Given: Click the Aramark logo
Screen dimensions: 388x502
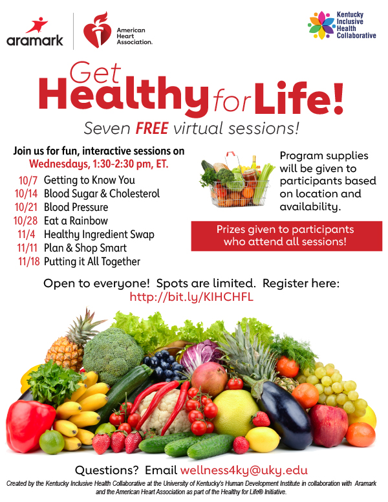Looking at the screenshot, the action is pos(34,32).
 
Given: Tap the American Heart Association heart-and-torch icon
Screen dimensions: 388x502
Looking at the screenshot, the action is pos(97,30).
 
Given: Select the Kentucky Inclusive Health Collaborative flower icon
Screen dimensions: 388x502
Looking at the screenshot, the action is pos(321,25).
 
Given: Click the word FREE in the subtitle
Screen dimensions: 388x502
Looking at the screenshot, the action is pos(152,128).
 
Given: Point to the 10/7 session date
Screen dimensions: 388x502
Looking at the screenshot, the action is pos(28,180).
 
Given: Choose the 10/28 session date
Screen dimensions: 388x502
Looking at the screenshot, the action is pos(26,221).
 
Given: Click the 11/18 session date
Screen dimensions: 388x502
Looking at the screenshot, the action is pos(29,261).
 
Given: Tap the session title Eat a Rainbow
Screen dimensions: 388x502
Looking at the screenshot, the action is pos(76,221).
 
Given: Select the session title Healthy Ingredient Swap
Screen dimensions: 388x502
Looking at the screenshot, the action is pos(99,235).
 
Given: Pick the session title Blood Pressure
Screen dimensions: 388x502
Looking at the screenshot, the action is pos(76,207).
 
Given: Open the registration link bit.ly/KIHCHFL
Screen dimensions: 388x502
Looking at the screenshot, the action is pos(191,297).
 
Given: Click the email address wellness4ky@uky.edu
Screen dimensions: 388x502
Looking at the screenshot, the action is pos(244,470).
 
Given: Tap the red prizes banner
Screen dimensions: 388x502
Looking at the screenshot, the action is pos(286,236).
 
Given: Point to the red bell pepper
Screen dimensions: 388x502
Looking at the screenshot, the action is pos(30,426).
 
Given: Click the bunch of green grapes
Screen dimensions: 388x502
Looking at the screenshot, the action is pos(336,387).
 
